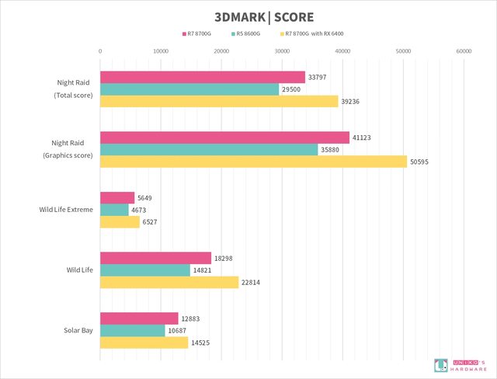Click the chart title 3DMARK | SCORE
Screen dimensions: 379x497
[x=248, y=16]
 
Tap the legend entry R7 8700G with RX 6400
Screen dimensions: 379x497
[x=314, y=33]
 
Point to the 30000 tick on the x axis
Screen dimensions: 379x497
[x=282, y=50]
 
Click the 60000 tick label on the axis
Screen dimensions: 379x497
[x=464, y=50]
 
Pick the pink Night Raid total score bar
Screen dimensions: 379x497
[x=203, y=77]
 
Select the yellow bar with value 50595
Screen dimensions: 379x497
[x=253, y=162]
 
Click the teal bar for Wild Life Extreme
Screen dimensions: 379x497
[x=114, y=210]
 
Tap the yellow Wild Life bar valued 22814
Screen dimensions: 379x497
[x=169, y=283]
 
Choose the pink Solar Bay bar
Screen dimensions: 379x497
[x=139, y=318]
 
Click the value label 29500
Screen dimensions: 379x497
[x=292, y=89]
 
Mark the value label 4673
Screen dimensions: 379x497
[x=141, y=210]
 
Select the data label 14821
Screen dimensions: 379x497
[x=201, y=270]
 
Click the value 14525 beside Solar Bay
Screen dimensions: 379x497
[x=200, y=342]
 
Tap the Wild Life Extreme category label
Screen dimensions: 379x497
[x=66, y=210]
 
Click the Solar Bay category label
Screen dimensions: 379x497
[x=78, y=330]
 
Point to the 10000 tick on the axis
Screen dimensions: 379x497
[x=161, y=50]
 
